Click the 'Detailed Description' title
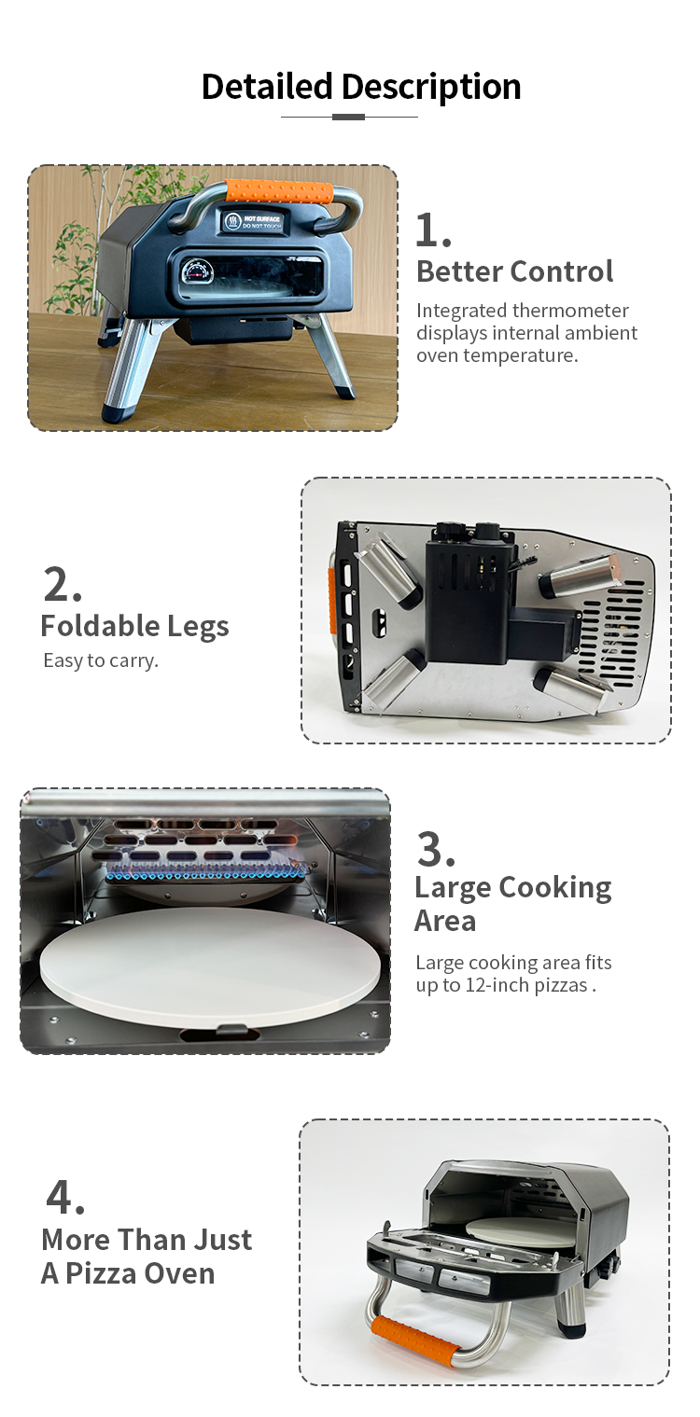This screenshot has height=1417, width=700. tap(361, 87)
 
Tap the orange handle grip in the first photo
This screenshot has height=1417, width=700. tap(280, 191)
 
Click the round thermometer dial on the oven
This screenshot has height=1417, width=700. tap(198, 273)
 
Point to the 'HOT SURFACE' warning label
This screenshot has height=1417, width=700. tap(253, 221)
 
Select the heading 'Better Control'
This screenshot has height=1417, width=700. tap(514, 271)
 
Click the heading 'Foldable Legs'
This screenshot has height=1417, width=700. tap(134, 626)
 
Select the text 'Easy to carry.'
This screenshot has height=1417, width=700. tap(101, 660)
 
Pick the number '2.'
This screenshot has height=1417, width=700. tap(63, 584)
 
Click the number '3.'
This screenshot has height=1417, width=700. tap(436, 849)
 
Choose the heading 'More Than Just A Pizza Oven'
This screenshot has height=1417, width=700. tap(147, 1257)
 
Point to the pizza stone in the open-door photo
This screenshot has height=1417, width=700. tap(500, 1229)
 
